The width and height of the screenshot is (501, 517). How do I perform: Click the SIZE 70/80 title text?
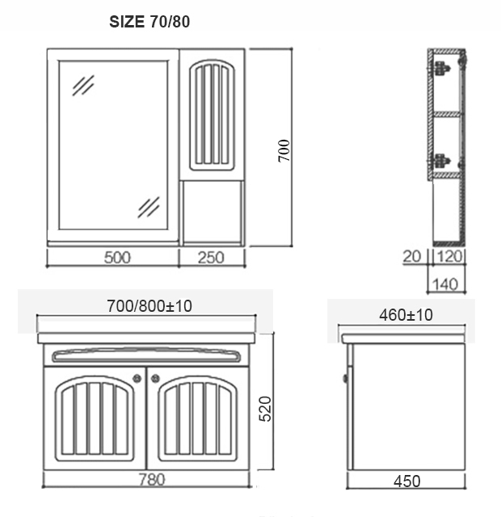(149, 22)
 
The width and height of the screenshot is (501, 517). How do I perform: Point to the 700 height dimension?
(284, 151)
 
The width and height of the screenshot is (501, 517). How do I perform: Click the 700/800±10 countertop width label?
(149, 307)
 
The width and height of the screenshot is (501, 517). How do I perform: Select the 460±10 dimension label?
(406, 315)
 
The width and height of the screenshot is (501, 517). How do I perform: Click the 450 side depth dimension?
(406, 481)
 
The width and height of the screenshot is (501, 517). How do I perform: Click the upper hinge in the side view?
(440, 68)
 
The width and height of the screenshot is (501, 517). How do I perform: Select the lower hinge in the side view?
(441, 163)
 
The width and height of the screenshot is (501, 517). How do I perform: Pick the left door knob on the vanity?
(137, 376)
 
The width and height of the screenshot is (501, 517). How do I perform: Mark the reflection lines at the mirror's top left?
(83, 85)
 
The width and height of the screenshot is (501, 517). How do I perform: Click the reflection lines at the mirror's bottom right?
(148, 207)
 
